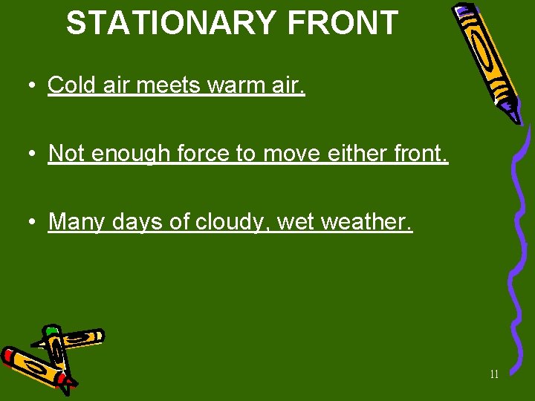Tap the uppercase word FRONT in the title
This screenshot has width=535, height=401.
(343, 23)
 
